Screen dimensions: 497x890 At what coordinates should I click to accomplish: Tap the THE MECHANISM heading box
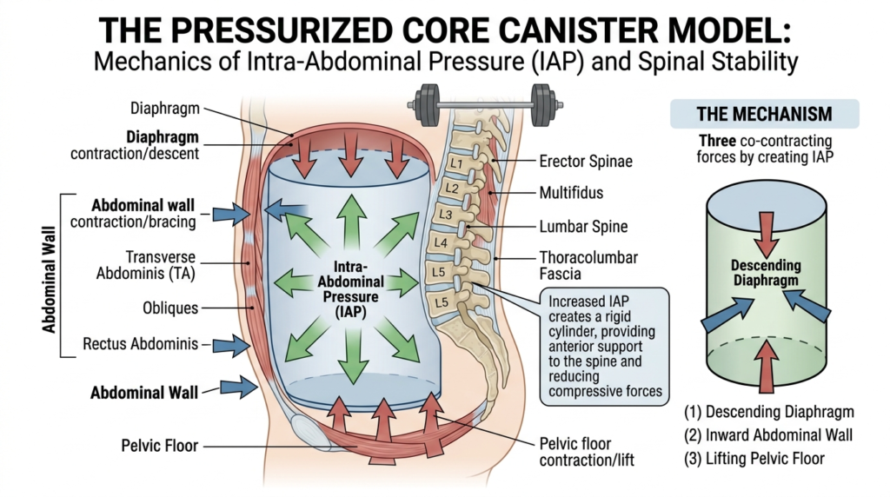764,115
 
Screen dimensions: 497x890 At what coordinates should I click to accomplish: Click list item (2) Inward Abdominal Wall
769,435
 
